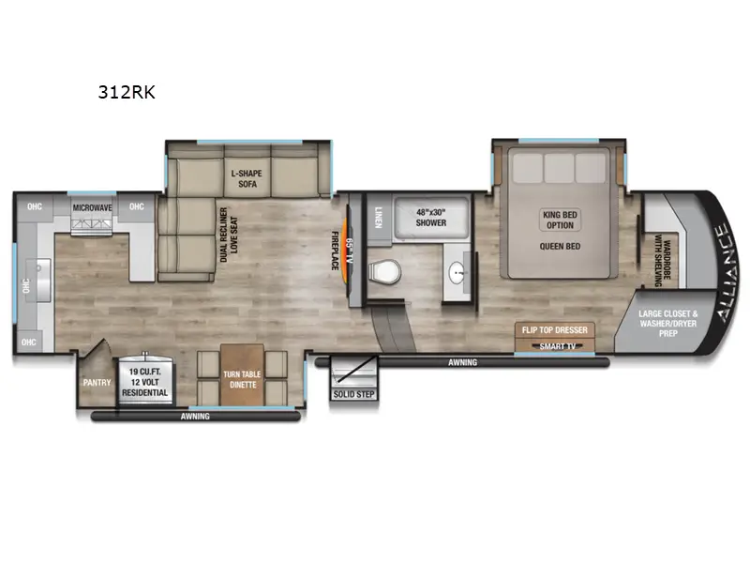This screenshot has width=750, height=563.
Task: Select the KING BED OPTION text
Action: [x=560, y=220]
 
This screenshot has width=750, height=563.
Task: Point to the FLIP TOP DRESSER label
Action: [x=557, y=330]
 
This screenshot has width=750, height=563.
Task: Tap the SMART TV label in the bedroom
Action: [x=558, y=346]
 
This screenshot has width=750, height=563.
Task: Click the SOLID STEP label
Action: [x=353, y=394]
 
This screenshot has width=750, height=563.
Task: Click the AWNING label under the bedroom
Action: [x=462, y=362]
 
